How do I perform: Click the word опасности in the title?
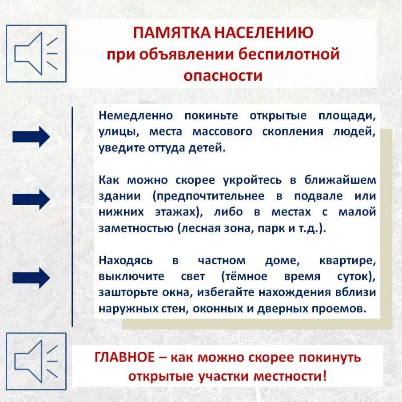coord(223,75)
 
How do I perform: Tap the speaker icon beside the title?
coord(36,53)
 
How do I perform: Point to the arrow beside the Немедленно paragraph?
coord(31,136)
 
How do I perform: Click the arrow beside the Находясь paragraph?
coord(31,278)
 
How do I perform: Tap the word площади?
coord(347,116)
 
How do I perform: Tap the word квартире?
coord(347,260)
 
